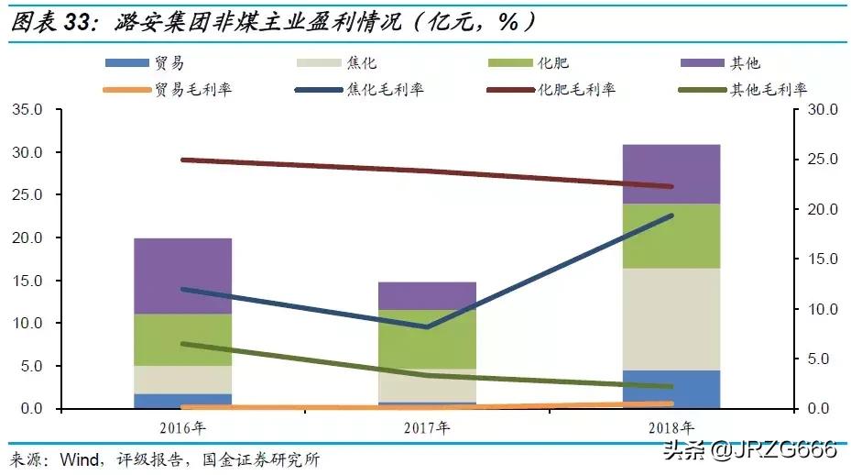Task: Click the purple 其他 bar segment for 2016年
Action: (x=182, y=275)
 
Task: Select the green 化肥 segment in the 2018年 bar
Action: (x=671, y=236)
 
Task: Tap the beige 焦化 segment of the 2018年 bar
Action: (x=671, y=319)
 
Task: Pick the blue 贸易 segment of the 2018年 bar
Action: (x=671, y=389)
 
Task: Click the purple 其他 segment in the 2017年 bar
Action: (x=427, y=295)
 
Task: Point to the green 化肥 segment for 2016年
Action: (x=182, y=339)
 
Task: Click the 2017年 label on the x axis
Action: (x=427, y=428)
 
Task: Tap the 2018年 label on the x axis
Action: (x=671, y=428)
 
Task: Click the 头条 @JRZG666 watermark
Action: (x=748, y=448)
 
